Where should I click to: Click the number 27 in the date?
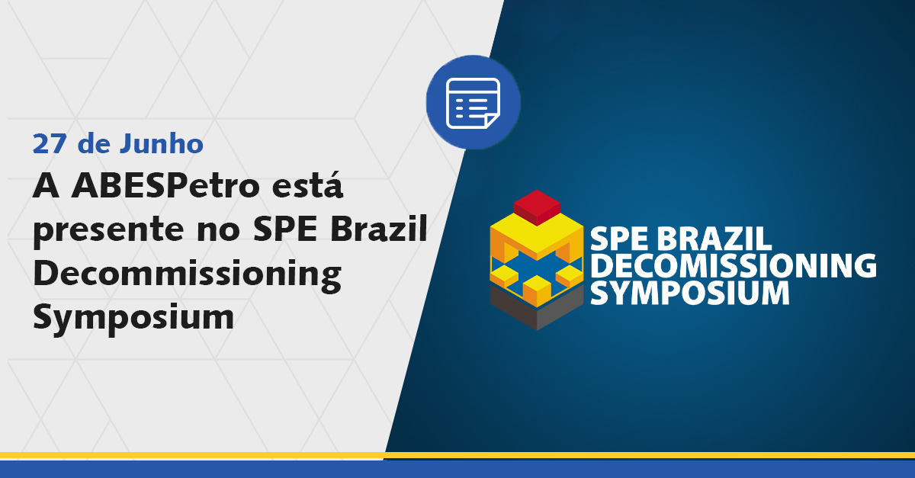point(50,144)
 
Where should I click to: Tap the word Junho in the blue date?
point(161,143)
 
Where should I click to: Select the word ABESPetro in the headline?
point(166,186)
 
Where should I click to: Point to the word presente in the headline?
point(108,232)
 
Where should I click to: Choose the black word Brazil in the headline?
point(379,228)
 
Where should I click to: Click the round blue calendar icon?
point(473,103)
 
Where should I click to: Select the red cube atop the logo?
point(537,207)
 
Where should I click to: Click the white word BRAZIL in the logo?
point(715,239)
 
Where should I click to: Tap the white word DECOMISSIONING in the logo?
point(734,266)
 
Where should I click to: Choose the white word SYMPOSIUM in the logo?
point(689,293)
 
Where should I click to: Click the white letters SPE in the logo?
point(621,239)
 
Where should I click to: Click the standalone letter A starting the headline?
point(47,186)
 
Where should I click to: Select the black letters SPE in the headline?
point(285,229)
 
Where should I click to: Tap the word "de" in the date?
point(94,143)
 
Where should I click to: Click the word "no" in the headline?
point(218,232)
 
